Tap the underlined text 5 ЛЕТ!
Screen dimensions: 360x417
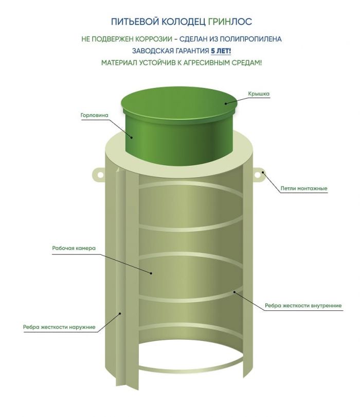pyautogui.click(x=221, y=51)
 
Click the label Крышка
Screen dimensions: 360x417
pyautogui.click(x=259, y=94)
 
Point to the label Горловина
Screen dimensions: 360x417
pyautogui.click(x=94, y=115)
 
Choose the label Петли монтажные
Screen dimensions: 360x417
pyautogui.click(x=304, y=188)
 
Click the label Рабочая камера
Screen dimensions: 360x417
pyautogui.click(x=74, y=248)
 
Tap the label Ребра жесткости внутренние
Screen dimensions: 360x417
pyautogui.click(x=303, y=306)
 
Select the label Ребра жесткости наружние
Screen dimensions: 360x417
pyautogui.click(x=59, y=327)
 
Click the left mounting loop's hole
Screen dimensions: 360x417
pyautogui.click(x=100, y=175)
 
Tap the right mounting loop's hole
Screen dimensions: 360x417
pyautogui.click(x=258, y=175)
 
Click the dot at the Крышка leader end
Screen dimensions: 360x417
pyautogui.click(x=226, y=103)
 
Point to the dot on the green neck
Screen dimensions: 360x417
pyautogui.click(x=132, y=137)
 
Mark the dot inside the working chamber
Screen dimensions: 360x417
pyautogui.click(x=151, y=273)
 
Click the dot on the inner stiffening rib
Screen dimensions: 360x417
pyautogui.click(x=235, y=292)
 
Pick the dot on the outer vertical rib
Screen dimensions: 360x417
pyautogui.click(x=120, y=314)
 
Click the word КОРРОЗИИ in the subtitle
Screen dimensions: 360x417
pyautogui.click(x=154, y=39)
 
